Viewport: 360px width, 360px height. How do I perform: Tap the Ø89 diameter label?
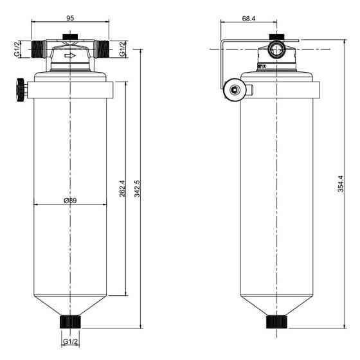pyautogui.click(x=70, y=201)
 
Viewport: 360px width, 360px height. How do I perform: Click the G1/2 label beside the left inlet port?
pyautogui.click(x=17, y=49)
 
